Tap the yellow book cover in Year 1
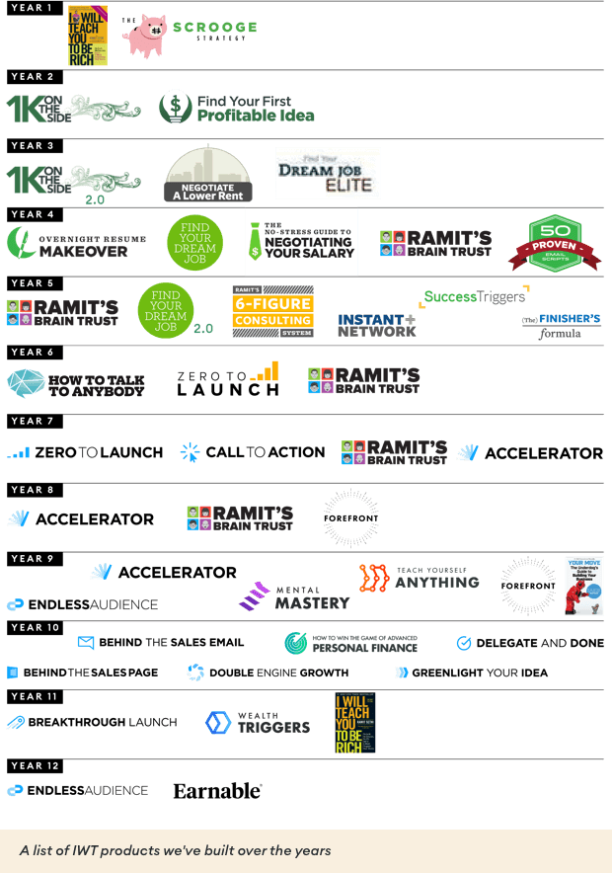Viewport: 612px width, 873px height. tap(88, 36)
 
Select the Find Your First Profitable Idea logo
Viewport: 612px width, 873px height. tap(237, 107)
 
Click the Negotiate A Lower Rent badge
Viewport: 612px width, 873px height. tap(207, 174)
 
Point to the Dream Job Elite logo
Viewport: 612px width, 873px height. tap(328, 174)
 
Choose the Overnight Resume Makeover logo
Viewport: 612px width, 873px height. tap(76, 244)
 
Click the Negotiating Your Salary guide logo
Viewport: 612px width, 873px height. tap(301, 242)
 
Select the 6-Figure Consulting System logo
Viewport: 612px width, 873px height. tap(272, 312)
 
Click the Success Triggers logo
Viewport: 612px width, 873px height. tap(476, 295)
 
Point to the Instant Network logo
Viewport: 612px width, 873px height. tap(376, 326)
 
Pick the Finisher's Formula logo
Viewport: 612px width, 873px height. tap(561, 326)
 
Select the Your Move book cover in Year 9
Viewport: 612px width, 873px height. tap(583, 586)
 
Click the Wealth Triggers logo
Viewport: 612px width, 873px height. tap(258, 723)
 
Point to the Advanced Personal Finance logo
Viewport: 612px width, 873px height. tap(351, 643)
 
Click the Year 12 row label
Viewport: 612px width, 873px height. tap(35, 765)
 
